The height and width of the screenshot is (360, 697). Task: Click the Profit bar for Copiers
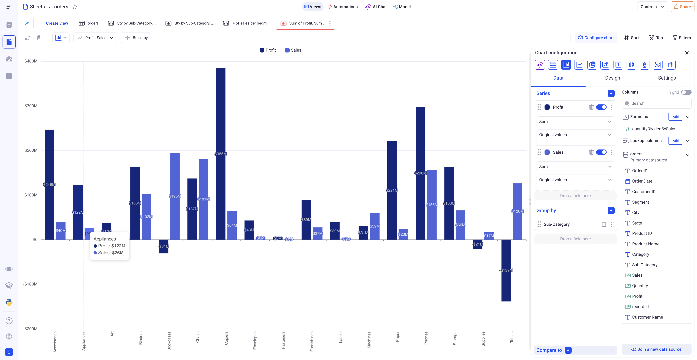(x=221, y=122)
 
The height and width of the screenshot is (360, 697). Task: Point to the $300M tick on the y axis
(x=31, y=106)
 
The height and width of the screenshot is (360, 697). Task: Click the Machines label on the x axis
(x=369, y=340)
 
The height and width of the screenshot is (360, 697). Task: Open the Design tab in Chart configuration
(x=612, y=78)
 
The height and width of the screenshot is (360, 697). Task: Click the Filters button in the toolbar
(x=682, y=38)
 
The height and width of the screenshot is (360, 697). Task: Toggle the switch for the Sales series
(x=601, y=152)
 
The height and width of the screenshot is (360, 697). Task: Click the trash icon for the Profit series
(x=591, y=107)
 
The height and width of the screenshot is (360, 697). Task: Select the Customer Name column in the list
(x=647, y=317)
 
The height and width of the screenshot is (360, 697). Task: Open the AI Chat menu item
(x=376, y=7)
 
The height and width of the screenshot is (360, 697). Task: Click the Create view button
(x=54, y=23)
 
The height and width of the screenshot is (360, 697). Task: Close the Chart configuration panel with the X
(x=687, y=53)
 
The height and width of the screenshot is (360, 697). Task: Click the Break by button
(x=136, y=38)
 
